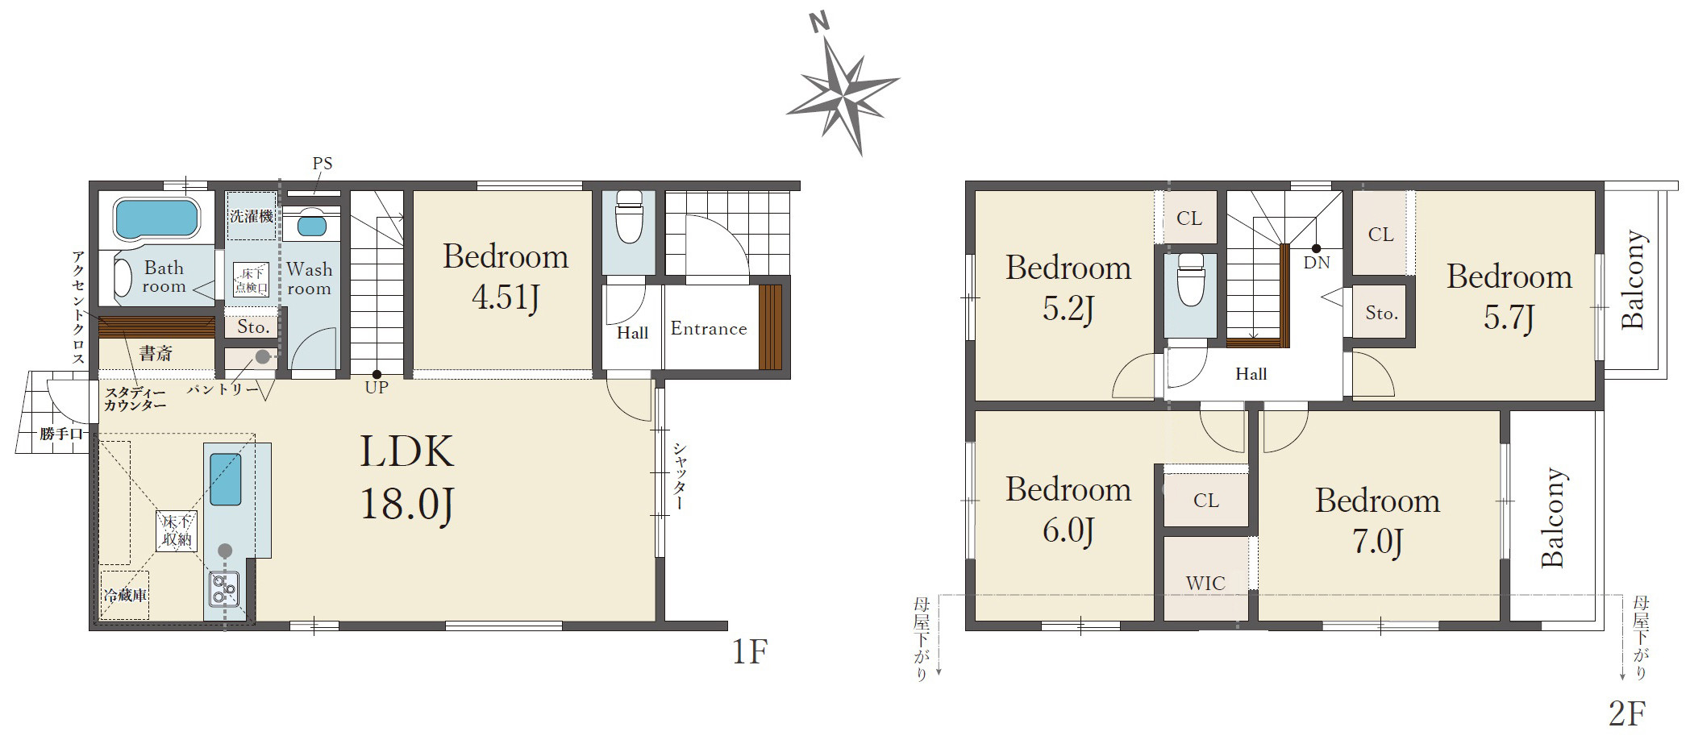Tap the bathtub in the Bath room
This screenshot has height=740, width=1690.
pos(156,218)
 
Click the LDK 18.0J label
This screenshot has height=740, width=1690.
pos(407,478)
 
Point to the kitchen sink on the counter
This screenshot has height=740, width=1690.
pos(225,479)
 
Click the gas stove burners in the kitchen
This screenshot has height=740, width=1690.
pos(223,588)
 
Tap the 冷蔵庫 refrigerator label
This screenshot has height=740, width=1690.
pos(125,595)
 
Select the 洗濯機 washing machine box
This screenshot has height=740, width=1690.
pos(252,216)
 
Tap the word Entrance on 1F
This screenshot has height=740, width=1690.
pos(709,329)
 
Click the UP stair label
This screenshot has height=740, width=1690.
pos(377,388)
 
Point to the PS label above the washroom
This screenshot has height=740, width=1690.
pos(323,164)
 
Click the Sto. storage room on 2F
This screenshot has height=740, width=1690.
pos(1381,313)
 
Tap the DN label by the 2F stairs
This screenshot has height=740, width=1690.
pos(1317,263)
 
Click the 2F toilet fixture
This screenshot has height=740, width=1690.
pos(1190,279)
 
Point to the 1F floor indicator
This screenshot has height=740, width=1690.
pos(750,651)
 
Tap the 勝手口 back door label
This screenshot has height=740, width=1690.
pos(62,434)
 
